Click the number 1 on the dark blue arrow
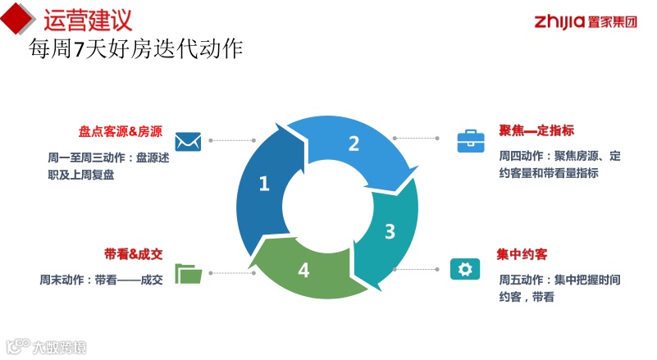tap(263, 185)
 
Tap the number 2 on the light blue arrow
tap(354, 144)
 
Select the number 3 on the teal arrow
tap(390, 230)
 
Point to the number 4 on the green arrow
tap(303, 270)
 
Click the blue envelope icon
tap(189, 141)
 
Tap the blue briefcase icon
tap(470, 141)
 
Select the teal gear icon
tap(464, 269)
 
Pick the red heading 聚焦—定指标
tap(536, 131)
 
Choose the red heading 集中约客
tap(522, 254)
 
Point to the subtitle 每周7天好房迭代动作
tap(135, 48)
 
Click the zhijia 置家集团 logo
tap(585, 21)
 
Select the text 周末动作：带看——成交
tap(102, 280)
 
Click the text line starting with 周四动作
tap(559, 156)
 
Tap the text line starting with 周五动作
tap(559, 280)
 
